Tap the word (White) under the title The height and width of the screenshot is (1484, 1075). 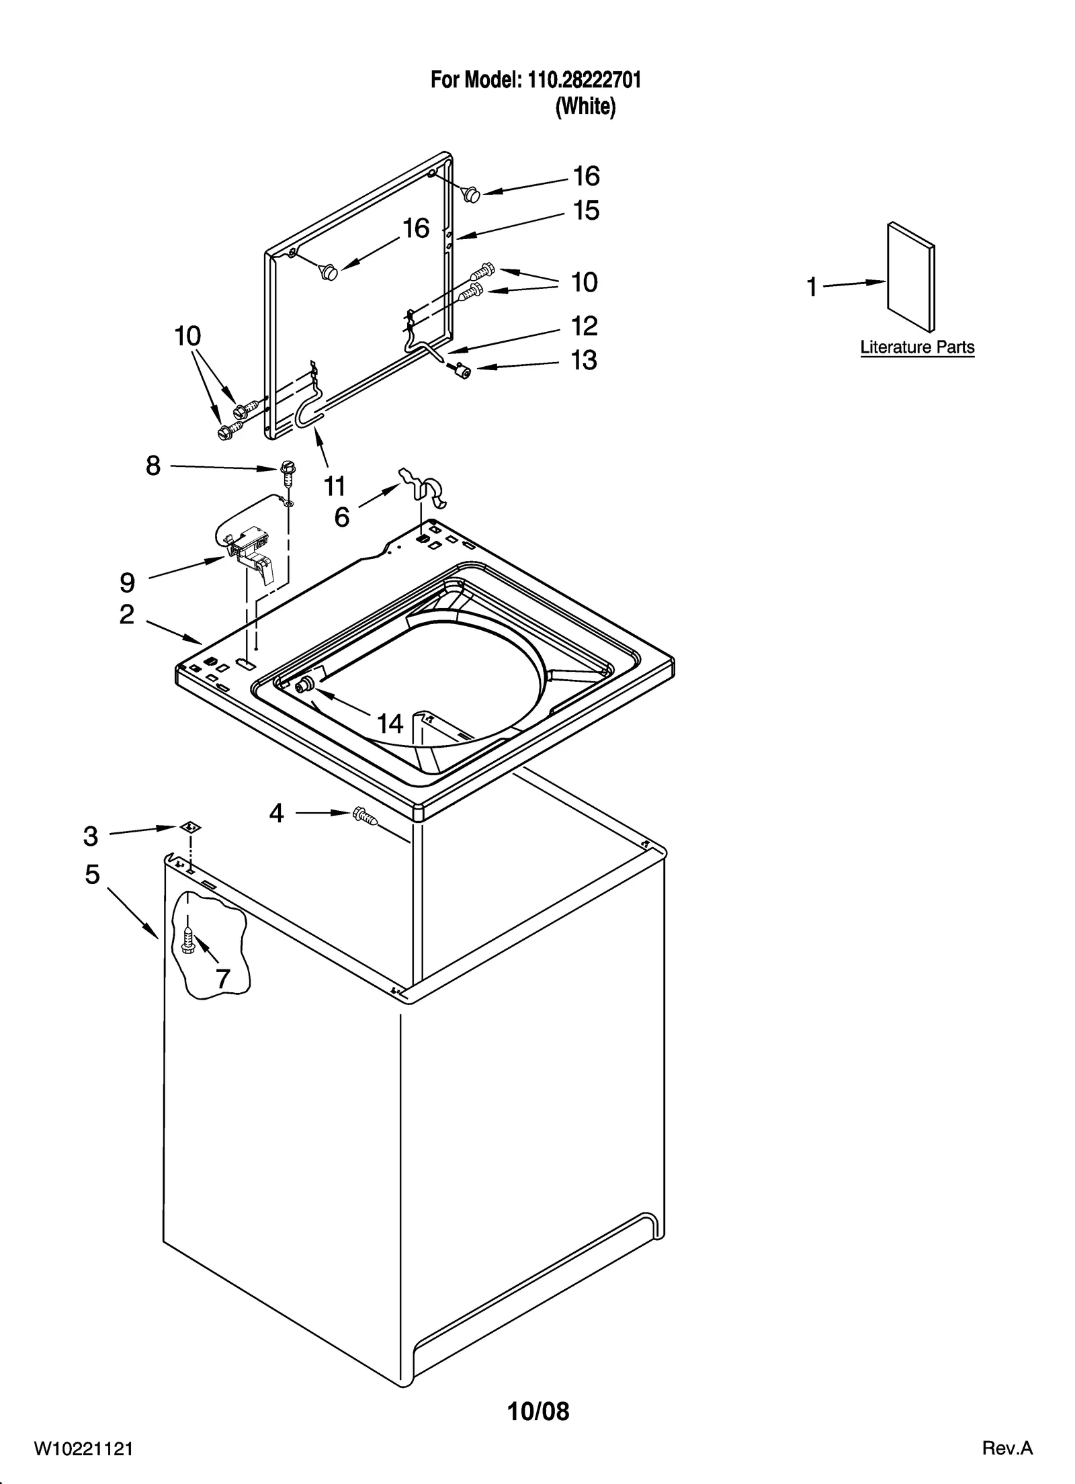[585, 107]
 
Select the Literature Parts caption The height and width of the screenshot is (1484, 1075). [917, 347]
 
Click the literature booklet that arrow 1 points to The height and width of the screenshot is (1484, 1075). [911, 277]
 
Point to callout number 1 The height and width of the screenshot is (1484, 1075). [812, 288]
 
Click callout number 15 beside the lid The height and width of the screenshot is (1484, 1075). [586, 210]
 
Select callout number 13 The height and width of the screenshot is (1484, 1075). [584, 360]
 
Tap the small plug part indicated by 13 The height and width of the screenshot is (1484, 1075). [461, 369]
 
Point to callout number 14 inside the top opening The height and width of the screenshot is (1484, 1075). [390, 724]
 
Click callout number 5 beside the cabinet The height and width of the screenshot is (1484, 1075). [93, 874]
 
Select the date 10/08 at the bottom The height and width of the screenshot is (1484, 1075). [538, 1412]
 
